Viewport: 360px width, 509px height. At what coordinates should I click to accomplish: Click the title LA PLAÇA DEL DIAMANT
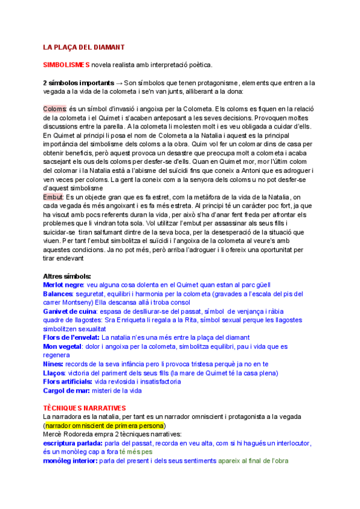[x=83, y=46]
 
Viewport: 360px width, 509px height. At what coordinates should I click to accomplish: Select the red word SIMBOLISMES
[x=66, y=64]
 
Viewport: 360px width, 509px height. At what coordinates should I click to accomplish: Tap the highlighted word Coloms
[x=55, y=109]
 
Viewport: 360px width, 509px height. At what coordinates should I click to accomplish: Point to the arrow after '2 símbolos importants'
[x=119, y=82]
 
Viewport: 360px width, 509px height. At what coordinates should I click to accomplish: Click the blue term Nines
[x=53, y=364]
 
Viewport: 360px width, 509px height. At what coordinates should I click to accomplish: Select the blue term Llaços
[x=55, y=373]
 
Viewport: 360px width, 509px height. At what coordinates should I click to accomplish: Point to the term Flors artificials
[x=68, y=382]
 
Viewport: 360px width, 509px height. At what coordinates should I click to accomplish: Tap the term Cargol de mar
[x=66, y=391]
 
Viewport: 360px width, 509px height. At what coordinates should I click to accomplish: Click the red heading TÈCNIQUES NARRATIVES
[x=88, y=408]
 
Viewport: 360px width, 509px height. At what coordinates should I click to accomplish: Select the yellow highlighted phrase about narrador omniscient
[x=106, y=426]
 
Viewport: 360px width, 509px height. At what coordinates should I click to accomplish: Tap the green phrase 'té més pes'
[x=136, y=451]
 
